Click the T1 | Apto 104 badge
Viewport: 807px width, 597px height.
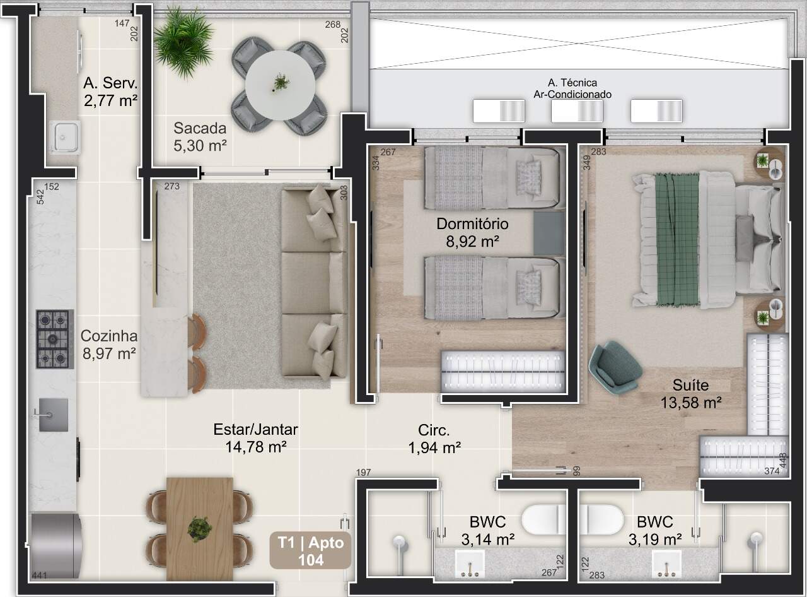pos(310,550)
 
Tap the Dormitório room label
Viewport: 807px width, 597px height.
pos(472,224)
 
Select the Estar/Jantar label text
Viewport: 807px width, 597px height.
pos(255,429)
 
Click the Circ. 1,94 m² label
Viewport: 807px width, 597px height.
pos(434,439)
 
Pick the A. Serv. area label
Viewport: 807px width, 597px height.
pos(110,83)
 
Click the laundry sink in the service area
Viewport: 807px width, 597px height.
pos(65,137)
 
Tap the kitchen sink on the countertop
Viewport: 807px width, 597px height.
pos(53,415)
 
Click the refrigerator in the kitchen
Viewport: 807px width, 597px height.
pos(54,546)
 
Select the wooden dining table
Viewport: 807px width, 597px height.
pos(199,529)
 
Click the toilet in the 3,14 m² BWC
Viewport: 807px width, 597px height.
pos(543,519)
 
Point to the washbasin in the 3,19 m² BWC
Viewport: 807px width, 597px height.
pos(666,564)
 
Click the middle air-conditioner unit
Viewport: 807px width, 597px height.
pos(577,110)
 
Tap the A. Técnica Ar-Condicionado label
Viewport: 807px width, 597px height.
pos(572,88)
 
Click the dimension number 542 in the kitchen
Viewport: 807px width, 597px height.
pos(40,197)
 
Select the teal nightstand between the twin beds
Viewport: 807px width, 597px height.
pos(549,233)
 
